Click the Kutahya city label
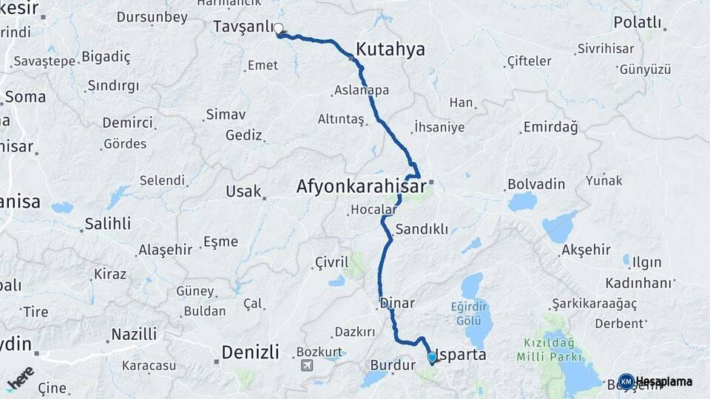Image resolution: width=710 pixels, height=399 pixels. [x=390, y=50]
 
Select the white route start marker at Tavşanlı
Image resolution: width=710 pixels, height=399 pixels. [x=279, y=30]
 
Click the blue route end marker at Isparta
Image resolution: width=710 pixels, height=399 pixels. [x=432, y=357]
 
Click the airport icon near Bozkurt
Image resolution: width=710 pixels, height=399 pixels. [x=306, y=365]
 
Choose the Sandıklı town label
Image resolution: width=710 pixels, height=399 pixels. [x=422, y=229]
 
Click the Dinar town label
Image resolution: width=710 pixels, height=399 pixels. [x=397, y=303]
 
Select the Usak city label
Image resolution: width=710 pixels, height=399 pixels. [x=243, y=191]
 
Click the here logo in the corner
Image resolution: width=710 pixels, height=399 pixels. [x=21, y=378]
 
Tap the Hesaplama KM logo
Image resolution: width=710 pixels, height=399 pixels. [x=655, y=381]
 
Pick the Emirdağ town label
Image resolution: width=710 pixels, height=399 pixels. [x=550, y=128]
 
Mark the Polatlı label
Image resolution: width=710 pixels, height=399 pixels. [x=637, y=22]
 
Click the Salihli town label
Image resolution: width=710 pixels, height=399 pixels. [x=107, y=223]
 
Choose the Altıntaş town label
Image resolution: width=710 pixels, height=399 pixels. [x=341, y=119]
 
